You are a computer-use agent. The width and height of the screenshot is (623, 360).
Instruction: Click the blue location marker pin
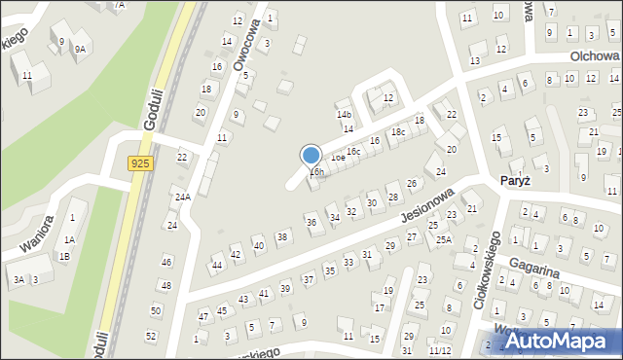[311, 156]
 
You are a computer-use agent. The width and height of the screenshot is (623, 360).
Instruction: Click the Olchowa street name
[595, 56]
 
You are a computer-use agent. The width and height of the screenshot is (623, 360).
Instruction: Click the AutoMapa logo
[557, 342]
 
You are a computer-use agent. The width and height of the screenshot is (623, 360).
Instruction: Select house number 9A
[81, 48]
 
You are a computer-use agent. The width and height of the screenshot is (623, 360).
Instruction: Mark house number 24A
[182, 197]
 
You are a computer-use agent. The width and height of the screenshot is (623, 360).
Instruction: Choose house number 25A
[444, 239]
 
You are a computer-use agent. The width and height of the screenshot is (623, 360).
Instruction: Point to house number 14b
[344, 114]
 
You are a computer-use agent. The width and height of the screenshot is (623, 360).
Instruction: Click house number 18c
[397, 131]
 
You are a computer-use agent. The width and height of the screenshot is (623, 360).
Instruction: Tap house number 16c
[353, 151]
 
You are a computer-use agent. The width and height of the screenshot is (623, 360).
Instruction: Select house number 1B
[64, 257]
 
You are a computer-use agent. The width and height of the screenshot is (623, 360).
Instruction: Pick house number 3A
[18, 280]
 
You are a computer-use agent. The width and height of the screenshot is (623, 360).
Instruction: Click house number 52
[151, 336]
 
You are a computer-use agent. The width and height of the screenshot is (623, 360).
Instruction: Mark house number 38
[282, 236]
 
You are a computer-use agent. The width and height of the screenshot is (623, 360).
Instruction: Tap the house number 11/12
[440, 350]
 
